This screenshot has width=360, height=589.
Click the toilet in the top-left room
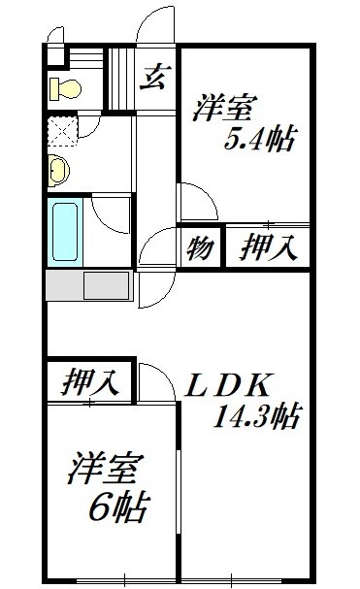[x=67, y=88]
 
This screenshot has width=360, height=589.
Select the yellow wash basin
[x=58, y=170]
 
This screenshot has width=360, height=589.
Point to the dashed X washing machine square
[x=63, y=129]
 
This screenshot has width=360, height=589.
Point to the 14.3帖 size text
[x=254, y=417]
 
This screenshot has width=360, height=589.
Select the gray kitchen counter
[x=88, y=286]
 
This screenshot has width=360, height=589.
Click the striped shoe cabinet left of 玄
[x=121, y=78]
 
